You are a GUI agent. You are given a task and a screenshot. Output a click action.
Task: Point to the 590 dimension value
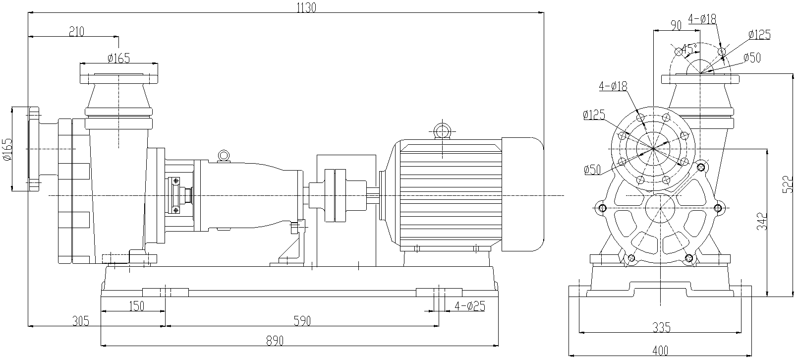tap(301, 321)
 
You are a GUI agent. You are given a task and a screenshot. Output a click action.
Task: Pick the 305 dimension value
tap(80, 321)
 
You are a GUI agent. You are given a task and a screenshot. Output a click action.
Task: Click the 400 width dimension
tap(661, 351)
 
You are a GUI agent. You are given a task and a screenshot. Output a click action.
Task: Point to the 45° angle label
tap(688, 49)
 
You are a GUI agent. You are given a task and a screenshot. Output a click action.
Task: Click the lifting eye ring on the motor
tap(441, 131)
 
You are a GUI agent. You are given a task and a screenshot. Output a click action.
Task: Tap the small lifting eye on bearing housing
tap(224, 155)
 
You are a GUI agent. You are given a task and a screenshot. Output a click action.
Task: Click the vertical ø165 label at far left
tap(7, 149)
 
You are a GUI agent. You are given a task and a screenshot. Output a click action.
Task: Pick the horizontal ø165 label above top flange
tap(118, 58)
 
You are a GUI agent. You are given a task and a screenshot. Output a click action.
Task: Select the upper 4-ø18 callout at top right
tap(702, 19)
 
